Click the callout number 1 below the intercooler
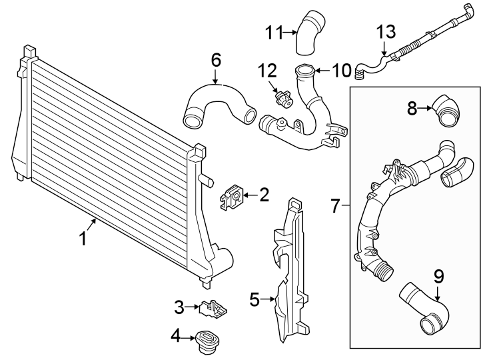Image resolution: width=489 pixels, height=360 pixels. pyautogui.click(x=83, y=239)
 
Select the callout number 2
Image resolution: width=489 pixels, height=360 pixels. pyautogui.click(x=264, y=195)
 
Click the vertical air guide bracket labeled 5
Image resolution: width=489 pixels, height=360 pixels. pyautogui.click(x=290, y=267)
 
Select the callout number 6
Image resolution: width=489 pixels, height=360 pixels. pyautogui.click(x=216, y=60)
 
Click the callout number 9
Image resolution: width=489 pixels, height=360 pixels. pyautogui.click(x=438, y=275)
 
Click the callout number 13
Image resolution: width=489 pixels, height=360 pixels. pyautogui.click(x=386, y=31)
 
